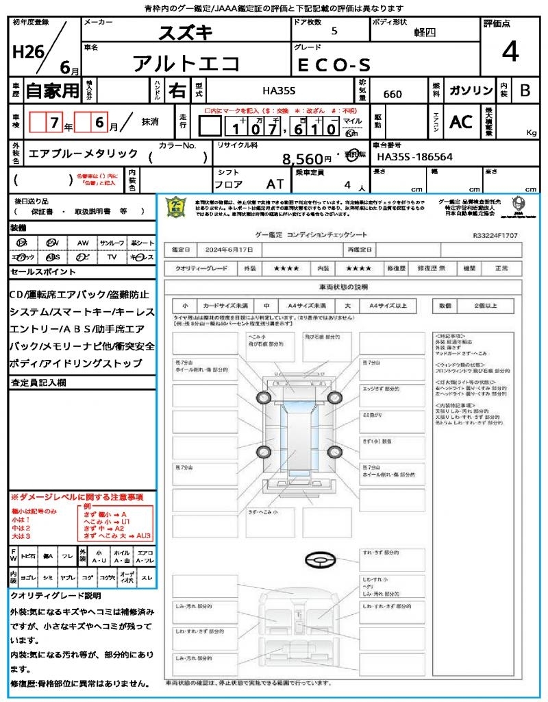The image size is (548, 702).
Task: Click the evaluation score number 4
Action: [510, 53]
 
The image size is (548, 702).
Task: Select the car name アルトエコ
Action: [186, 64]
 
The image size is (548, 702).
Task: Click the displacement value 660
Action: [393, 94]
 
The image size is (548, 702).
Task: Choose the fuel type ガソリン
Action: [469, 90]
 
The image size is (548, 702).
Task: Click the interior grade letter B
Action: [525, 90]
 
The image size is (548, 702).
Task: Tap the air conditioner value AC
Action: [461, 121]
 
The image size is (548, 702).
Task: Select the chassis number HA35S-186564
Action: [414, 157]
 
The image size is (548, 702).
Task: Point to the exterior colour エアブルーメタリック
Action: [83, 154]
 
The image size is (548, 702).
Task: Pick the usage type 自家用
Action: [52, 90]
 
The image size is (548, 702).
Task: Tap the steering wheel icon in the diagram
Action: [319, 561]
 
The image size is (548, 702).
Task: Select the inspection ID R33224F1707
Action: [495, 235]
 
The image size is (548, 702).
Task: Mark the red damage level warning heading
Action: [77, 496]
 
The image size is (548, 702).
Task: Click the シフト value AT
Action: [276, 184]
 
